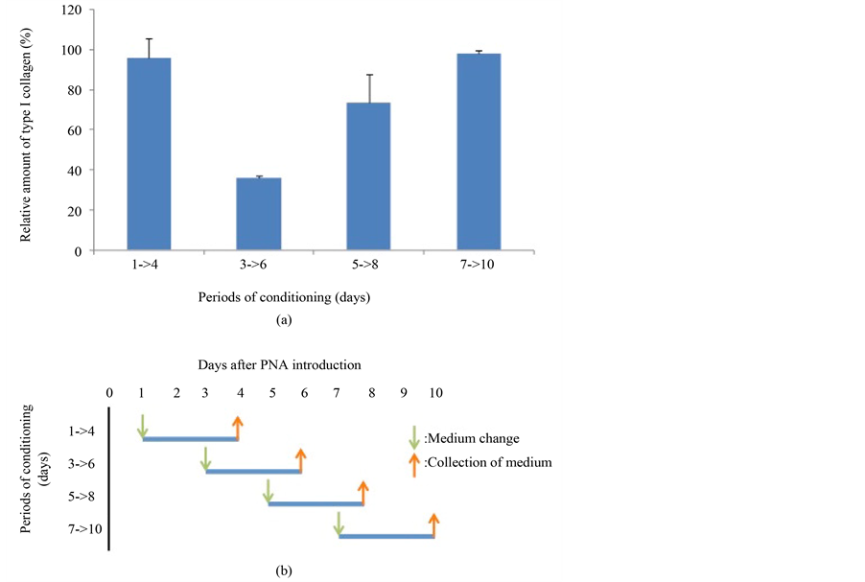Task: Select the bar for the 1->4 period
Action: pyautogui.click(x=149, y=153)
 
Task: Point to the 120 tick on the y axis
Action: pyautogui.click(x=73, y=10)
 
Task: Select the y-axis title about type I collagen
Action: pyautogui.click(x=29, y=130)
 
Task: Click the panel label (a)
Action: pyautogui.click(x=283, y=321)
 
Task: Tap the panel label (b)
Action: pyautogui.click(x=284, y=570)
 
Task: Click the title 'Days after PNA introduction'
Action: pyautogui.click(x=279, y=364)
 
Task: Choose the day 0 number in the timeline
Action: pyautogui.click(x=110, y=392)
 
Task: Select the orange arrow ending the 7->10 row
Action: pyautogui.click(x=434, y=524)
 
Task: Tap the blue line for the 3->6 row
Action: pyautogui.click(x=253, y=471)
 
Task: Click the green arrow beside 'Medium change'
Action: pyautogui.click(x=414, y=438)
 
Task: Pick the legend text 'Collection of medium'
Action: pyautogui.click(x=488, y=463)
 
